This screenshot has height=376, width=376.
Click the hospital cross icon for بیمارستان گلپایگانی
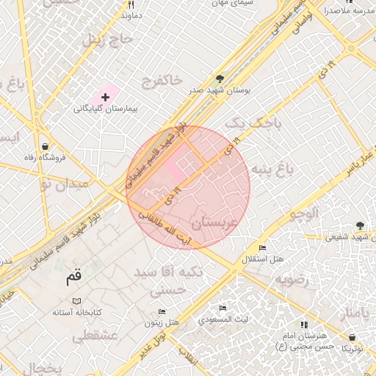click(x=105, y=97)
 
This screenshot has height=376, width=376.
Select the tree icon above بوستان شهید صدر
click(x=220, y=78)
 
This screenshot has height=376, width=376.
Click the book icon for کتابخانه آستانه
click(x=77, y=300)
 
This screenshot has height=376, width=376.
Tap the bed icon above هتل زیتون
click(x=162, y=311)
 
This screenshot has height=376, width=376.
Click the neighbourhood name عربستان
click(x=214, y=221)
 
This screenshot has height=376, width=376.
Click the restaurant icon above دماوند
click(x=130, y=4)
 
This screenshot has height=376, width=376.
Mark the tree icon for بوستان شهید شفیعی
click(x=359, y=225)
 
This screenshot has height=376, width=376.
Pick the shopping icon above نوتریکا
click(x=352, y=337)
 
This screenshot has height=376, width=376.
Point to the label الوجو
click(x=303, y=214)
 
